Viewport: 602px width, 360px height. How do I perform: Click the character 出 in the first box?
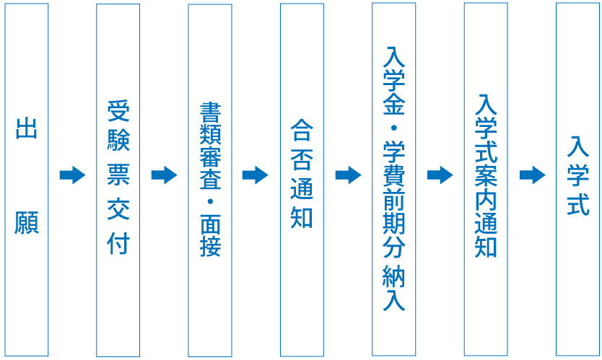pyautogui.click(x=27, y=130)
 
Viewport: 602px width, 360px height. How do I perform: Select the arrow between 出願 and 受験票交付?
pyautogui.click(x=72, y=175)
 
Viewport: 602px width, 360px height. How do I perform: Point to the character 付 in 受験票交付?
pyautogui.click(x=118, y=243)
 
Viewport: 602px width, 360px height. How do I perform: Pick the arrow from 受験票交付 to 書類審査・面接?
pyautogui.click(x=164, y=175)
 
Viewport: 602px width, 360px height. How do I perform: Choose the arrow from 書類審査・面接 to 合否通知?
pyautogui.click(x=256, y=175)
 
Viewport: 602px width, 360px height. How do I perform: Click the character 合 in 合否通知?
pyautogui.click(x=302, y=130)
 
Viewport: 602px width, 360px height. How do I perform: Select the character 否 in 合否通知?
pyautogui.click(x=302, y=159)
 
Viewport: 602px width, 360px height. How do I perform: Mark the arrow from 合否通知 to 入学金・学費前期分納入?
pyautogui.click(x=348, y=175)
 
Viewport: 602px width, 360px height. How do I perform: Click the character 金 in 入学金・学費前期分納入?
pyautogui.click(x=394, y=105)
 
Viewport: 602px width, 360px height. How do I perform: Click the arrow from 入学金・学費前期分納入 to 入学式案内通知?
pyautogui.click(x=440, y=175)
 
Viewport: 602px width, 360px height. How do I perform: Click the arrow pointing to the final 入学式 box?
pyautogui.click(x=532, y=175)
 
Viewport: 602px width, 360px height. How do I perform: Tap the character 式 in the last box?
pyautogui.click(x=577, y=204)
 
